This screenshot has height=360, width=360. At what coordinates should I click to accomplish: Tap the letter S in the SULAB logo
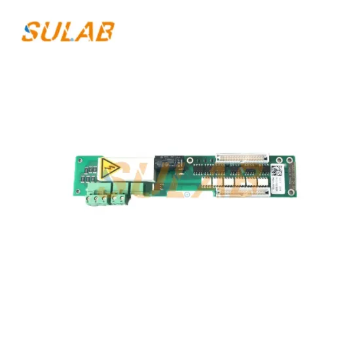point(31,31)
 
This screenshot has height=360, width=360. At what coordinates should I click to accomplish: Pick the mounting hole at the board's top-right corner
point(289,159)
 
